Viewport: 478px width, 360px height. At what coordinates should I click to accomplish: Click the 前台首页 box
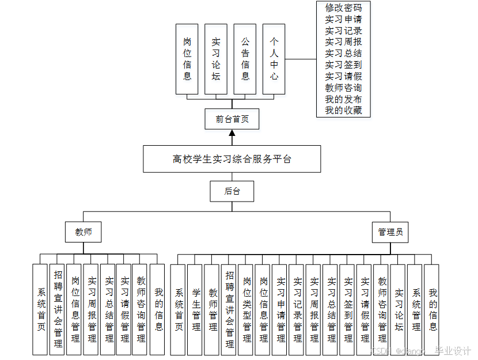click(x=232, y=119)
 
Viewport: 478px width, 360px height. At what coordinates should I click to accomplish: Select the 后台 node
click(x=232, y=191)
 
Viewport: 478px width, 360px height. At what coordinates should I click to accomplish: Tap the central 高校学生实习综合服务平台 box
click(x=232, y=159)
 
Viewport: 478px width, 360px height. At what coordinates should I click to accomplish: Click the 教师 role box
click(x=84, y=232)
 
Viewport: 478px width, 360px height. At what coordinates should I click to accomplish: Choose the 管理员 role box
click(x=390, y=232)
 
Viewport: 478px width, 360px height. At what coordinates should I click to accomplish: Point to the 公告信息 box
click(x=245, y=59)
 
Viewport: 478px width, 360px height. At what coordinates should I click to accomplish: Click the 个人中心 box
click(x=274, y=59)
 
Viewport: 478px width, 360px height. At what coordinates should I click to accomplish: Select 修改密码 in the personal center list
click(x=343, y=8)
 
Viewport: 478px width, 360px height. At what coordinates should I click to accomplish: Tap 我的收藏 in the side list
click(x=343, y=110)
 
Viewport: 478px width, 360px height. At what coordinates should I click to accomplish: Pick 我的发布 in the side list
click(x=343, y=99)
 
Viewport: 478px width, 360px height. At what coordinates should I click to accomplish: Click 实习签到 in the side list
click(x=343, y=65)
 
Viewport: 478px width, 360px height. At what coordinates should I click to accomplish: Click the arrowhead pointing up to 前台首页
click(x=232, y=134)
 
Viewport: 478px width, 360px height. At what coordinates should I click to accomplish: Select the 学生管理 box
click(x=196, y=309)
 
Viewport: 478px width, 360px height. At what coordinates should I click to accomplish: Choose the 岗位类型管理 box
click(x=246, y=309)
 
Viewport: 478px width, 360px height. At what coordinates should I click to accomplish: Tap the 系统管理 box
click(x=416, y=309)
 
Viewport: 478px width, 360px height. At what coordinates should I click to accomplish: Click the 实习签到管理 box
click(x=348, y=309)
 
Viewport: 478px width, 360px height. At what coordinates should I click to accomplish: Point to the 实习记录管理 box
click(x=297, y=309)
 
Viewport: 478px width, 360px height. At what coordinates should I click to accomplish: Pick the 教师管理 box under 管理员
click(x=213, y=309)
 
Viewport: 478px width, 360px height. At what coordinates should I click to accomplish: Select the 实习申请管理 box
click(x=280, y=309)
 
